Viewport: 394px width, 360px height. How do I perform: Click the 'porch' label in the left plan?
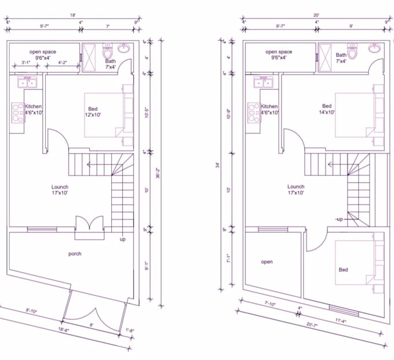coord(75,254)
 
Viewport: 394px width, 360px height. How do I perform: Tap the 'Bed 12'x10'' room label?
coord(93,111)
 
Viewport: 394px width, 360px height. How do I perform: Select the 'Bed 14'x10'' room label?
coord(327,109)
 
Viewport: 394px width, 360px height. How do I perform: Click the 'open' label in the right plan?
coord(267,262)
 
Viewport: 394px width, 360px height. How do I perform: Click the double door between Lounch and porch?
coord(89,226)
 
